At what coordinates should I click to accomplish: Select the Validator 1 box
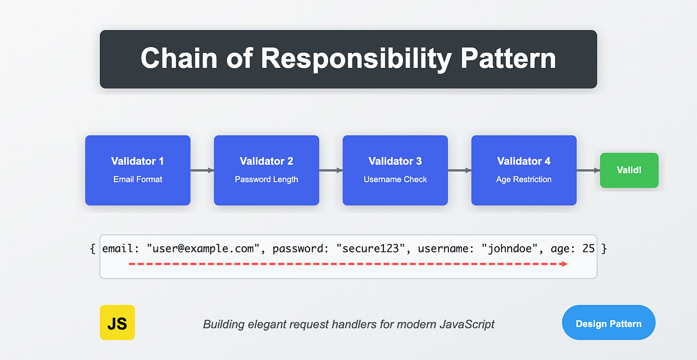coord(138,170)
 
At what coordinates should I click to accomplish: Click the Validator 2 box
coord(266,170)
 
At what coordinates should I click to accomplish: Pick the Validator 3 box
coord(395,170)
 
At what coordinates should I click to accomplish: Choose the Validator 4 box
coord(523,170)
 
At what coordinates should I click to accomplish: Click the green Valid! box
coord(629,170)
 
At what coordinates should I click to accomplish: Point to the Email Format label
coord(138,179)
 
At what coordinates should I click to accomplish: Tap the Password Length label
coord(266,179)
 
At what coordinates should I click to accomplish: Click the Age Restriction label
coord(523,179)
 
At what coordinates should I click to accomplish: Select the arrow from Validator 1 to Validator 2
coord(202,170)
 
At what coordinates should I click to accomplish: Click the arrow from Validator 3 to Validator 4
coord(459,170)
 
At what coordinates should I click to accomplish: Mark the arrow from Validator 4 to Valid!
coord(588,170)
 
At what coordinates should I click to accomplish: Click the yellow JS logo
coord(117,322)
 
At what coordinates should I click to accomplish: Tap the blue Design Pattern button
coord(608,323)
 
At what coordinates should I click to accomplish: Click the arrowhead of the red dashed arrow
coord(564,264)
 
